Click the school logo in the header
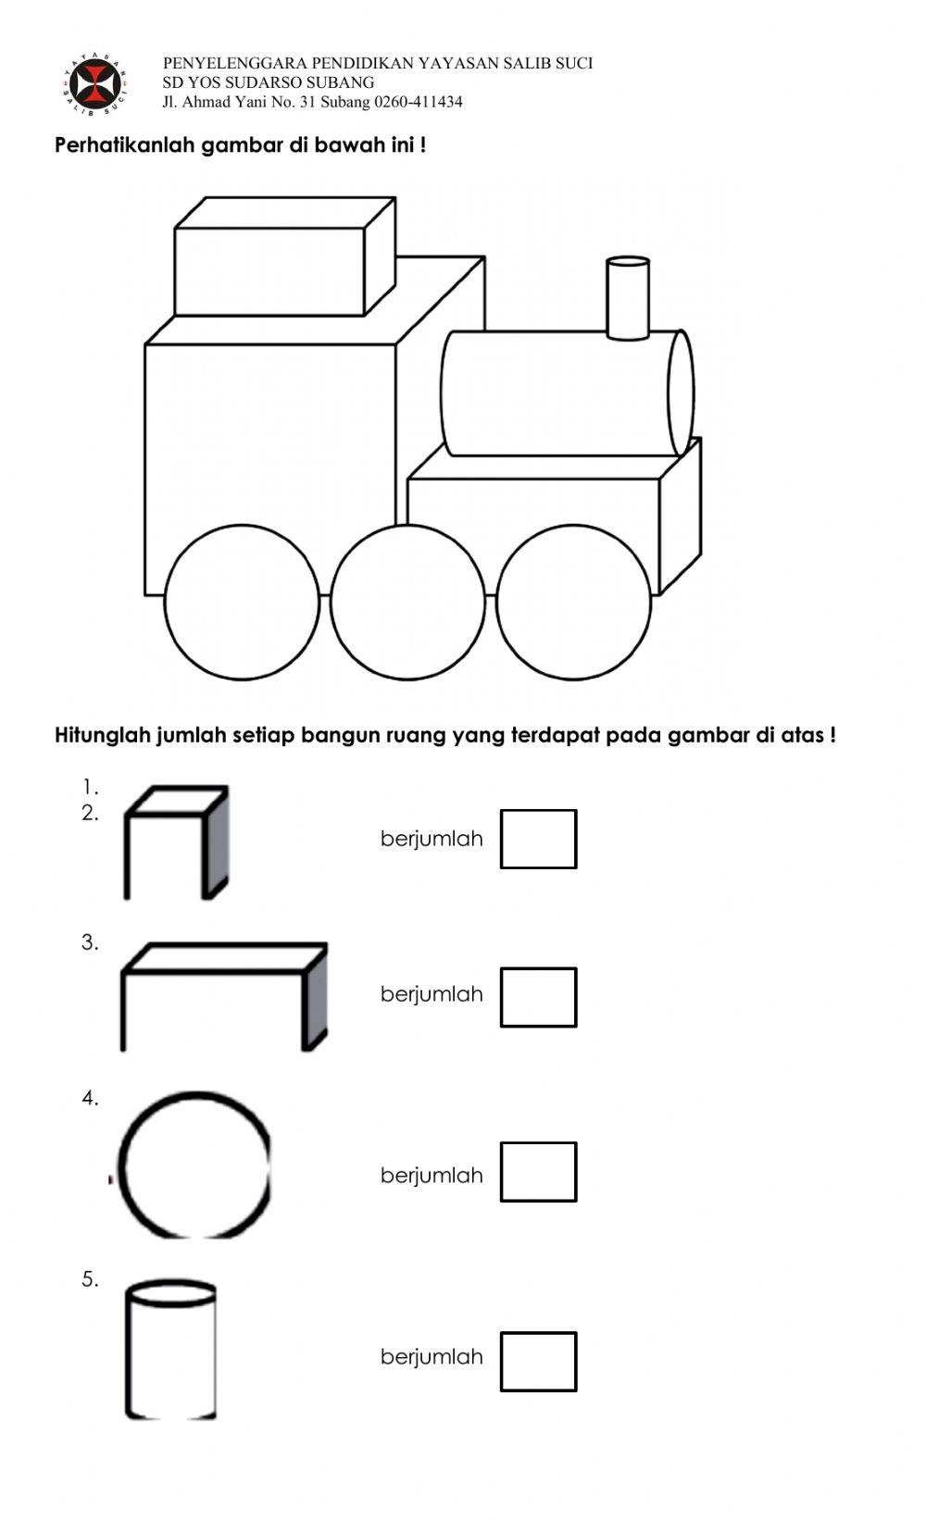point(95,84)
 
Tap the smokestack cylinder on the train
point(627,298)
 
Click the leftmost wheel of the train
point(242,603)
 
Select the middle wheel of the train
point(407,603)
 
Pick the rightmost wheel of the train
point(573,603)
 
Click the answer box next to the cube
point(538,839)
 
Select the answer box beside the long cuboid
point(538,997)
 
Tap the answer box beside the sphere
point(538,1172)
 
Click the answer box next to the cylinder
point(538,1361)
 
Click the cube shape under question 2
point(176,843)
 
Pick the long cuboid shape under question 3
point(223,997)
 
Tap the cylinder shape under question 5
point(171,1351)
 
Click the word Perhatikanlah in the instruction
point(125,145)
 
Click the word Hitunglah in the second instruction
point(102,736)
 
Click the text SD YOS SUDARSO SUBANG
point(269,82)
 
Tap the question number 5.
point(89,1279)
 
